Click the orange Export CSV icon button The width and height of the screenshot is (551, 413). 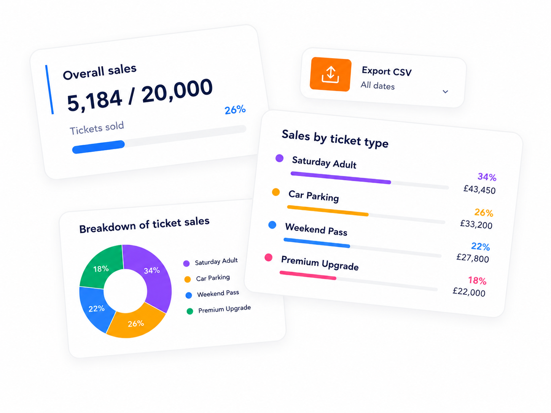[x=330, y=74]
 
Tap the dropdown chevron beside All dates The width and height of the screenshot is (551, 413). [x=445, y=92]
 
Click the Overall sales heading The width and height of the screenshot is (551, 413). [x=100, y=72]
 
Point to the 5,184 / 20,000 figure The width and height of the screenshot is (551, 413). [x=140, y=95]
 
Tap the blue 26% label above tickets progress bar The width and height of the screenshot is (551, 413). [x=235, y=110]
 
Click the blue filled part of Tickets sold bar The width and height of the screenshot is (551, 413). [x=99, y=147]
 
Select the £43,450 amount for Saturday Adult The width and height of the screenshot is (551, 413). [x=479, y=189]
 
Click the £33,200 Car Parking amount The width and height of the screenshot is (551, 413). [x=476, y=224]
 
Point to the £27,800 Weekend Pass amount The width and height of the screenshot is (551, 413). [x=473, y=258]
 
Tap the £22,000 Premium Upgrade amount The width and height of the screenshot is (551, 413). [x=469, y=292]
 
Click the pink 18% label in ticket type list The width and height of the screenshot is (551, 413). [x=477, y=281]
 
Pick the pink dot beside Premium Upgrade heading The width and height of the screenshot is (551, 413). [x=269, y=257]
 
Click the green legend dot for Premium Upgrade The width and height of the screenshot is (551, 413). [x=190, y=311]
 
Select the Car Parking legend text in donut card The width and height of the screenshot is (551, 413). [x=213, y=278]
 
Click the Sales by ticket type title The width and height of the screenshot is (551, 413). [x=335, y=139]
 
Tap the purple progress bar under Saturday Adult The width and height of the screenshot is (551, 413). [x=341, y=178]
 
